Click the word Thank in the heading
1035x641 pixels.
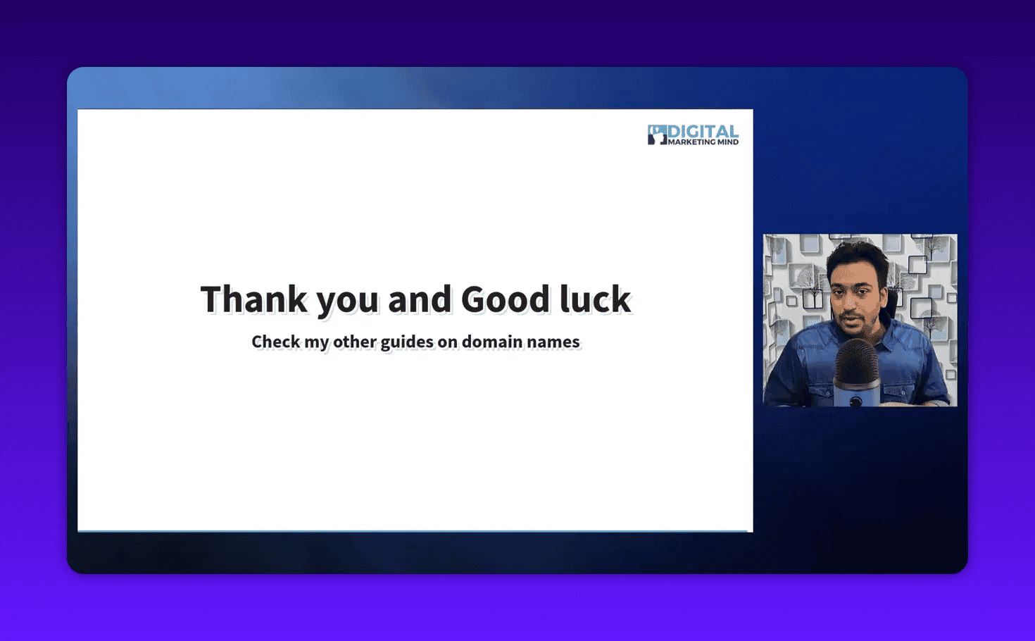click(254, 299)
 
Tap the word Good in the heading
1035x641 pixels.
click(505, 299)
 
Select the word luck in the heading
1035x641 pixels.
click(595, 299)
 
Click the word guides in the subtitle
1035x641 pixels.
click(407, 342)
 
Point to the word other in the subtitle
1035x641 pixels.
click(354, 342)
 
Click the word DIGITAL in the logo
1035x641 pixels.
click(703, 131)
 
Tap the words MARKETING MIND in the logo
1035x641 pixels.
click(703, 142)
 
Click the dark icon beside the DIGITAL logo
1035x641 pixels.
click(657, 135)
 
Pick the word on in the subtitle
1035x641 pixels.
click(448, 342)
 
